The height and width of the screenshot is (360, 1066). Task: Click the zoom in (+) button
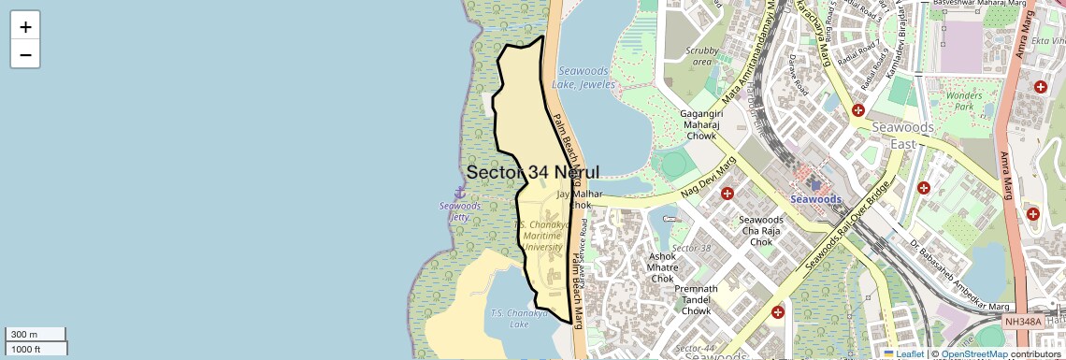25,27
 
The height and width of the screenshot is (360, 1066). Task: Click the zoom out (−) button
25,54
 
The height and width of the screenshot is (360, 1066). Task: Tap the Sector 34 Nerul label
532,172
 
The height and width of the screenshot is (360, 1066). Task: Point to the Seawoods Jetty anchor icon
459,192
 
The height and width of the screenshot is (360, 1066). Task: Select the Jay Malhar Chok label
576,199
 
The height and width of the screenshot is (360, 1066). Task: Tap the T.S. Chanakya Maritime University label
542,237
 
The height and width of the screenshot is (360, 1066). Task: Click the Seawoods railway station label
815,198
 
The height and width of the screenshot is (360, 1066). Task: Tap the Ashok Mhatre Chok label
662,267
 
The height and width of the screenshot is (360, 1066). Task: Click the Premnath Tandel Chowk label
697,300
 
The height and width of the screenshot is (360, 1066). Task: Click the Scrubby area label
700,56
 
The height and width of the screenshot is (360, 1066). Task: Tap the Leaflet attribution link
910,353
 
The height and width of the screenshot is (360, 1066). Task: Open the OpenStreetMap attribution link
973,353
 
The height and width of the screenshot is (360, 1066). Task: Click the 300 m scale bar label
22,335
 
